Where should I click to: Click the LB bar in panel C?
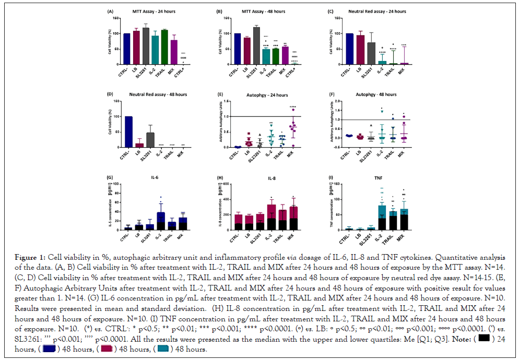[360, 50]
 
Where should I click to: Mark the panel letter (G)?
[110, 177]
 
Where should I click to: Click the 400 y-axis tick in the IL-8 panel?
[226, 199]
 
